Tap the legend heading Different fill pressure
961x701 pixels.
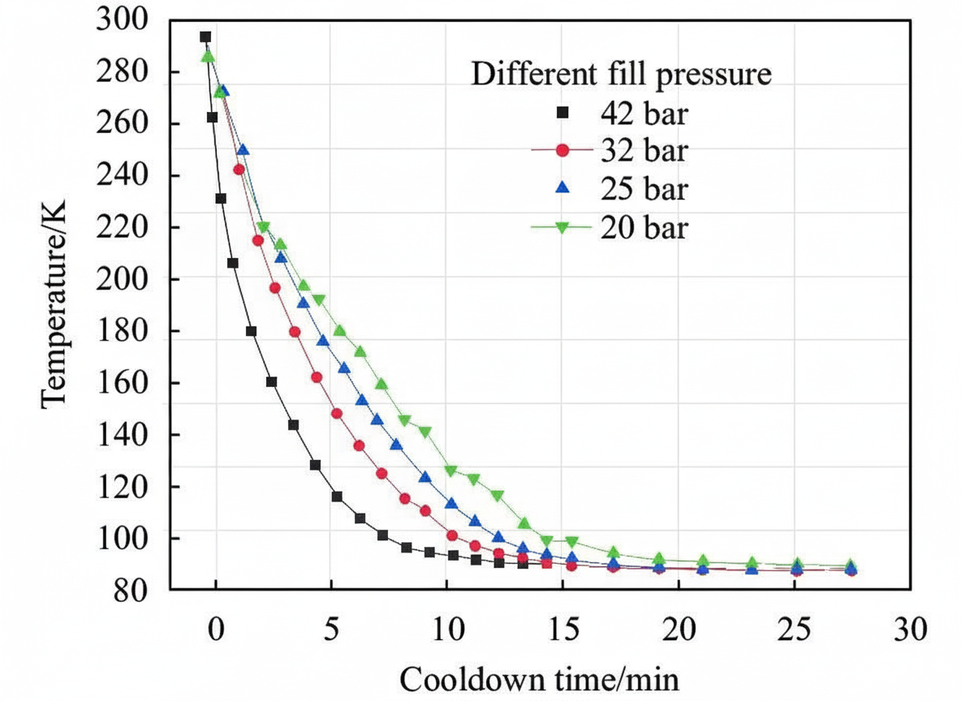click(621, 75)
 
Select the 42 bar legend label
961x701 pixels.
click(644, 113)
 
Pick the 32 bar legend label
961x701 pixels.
click(644, 151)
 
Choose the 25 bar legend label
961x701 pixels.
click(644, 190)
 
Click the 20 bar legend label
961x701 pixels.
click(644, 229)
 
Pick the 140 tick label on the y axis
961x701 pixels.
click(121, 435)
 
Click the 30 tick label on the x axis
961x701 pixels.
click(908, 629)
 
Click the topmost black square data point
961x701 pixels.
click(205, 37)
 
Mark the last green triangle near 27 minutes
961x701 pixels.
click(851, 566)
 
